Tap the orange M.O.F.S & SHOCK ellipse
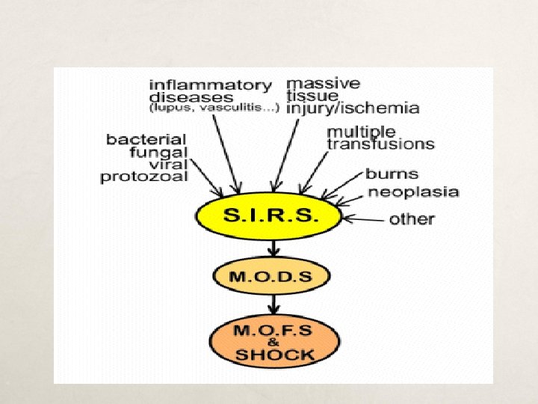(x=273, y=340)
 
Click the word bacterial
(x=146, y=139)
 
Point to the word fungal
(x=158, y=152)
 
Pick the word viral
(x=168, y=165)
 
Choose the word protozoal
(x=144, y=177)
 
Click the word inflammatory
(x=211, y=85)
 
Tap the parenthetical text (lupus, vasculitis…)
(x=214, y=108)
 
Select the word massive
(x=324, y=82)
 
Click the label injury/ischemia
(x=353, y=108)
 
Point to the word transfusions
(x=381, y=144)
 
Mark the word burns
(x=392, y=174)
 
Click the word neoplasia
(x=413, y=192)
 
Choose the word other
(x=412, y=218)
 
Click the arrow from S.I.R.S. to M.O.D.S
(x=273, y=248)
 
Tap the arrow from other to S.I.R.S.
(x=362, y=218)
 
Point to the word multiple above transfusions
(x=362, y=131)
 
